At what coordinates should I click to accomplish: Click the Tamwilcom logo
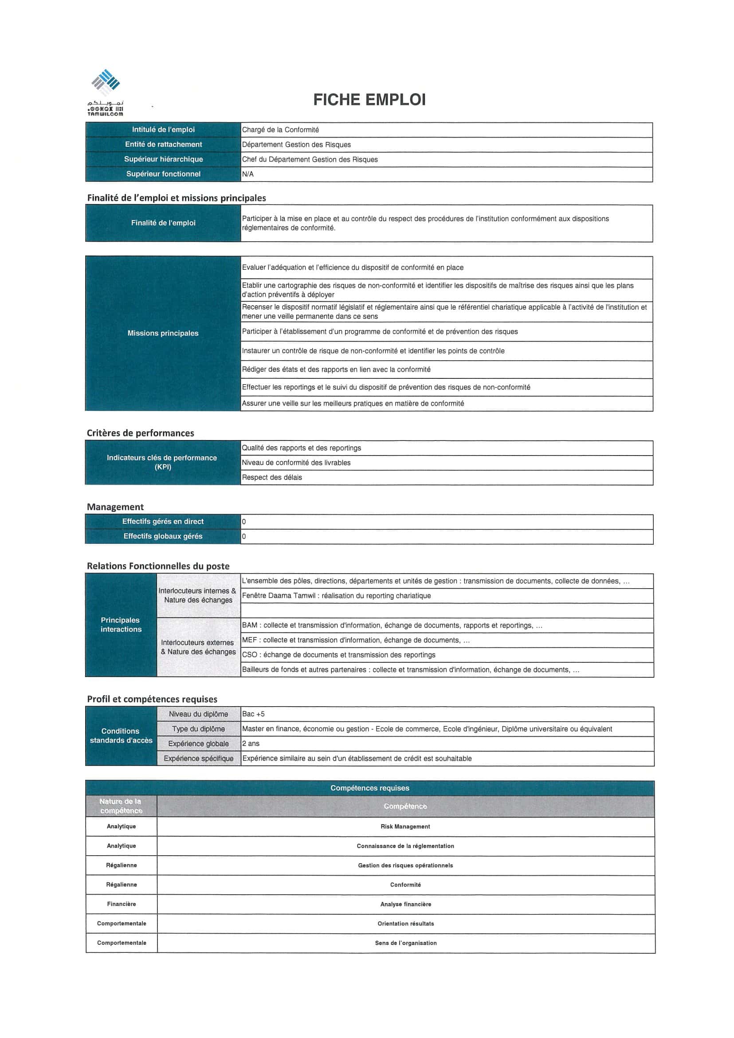pos(105,92)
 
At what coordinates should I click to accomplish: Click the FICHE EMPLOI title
pos(369,99)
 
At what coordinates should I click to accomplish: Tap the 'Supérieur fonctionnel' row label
pos(163,174)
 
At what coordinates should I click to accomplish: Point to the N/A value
pos(247,174)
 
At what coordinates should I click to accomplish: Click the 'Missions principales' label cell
pos(163,333)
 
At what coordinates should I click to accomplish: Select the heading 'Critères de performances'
pos(140,433)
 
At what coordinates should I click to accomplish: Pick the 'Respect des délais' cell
pos(271,477)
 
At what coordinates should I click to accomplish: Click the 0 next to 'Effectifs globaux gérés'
pos(244,537)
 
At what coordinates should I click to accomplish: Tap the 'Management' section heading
pos(115,507)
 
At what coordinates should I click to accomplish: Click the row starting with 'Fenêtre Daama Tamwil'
pos(336,596)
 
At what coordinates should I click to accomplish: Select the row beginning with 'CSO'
pos(338,655)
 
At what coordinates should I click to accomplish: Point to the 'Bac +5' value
pos(253,714)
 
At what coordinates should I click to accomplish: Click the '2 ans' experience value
pos(251,743)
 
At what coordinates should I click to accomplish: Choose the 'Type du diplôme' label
pos(198,729)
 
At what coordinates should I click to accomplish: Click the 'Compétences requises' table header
pos(370,788)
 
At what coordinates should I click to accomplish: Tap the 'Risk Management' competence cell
pos(405,826)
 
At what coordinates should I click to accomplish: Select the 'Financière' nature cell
pos(121,904)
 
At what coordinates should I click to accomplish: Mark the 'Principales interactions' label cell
pos(121,625)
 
